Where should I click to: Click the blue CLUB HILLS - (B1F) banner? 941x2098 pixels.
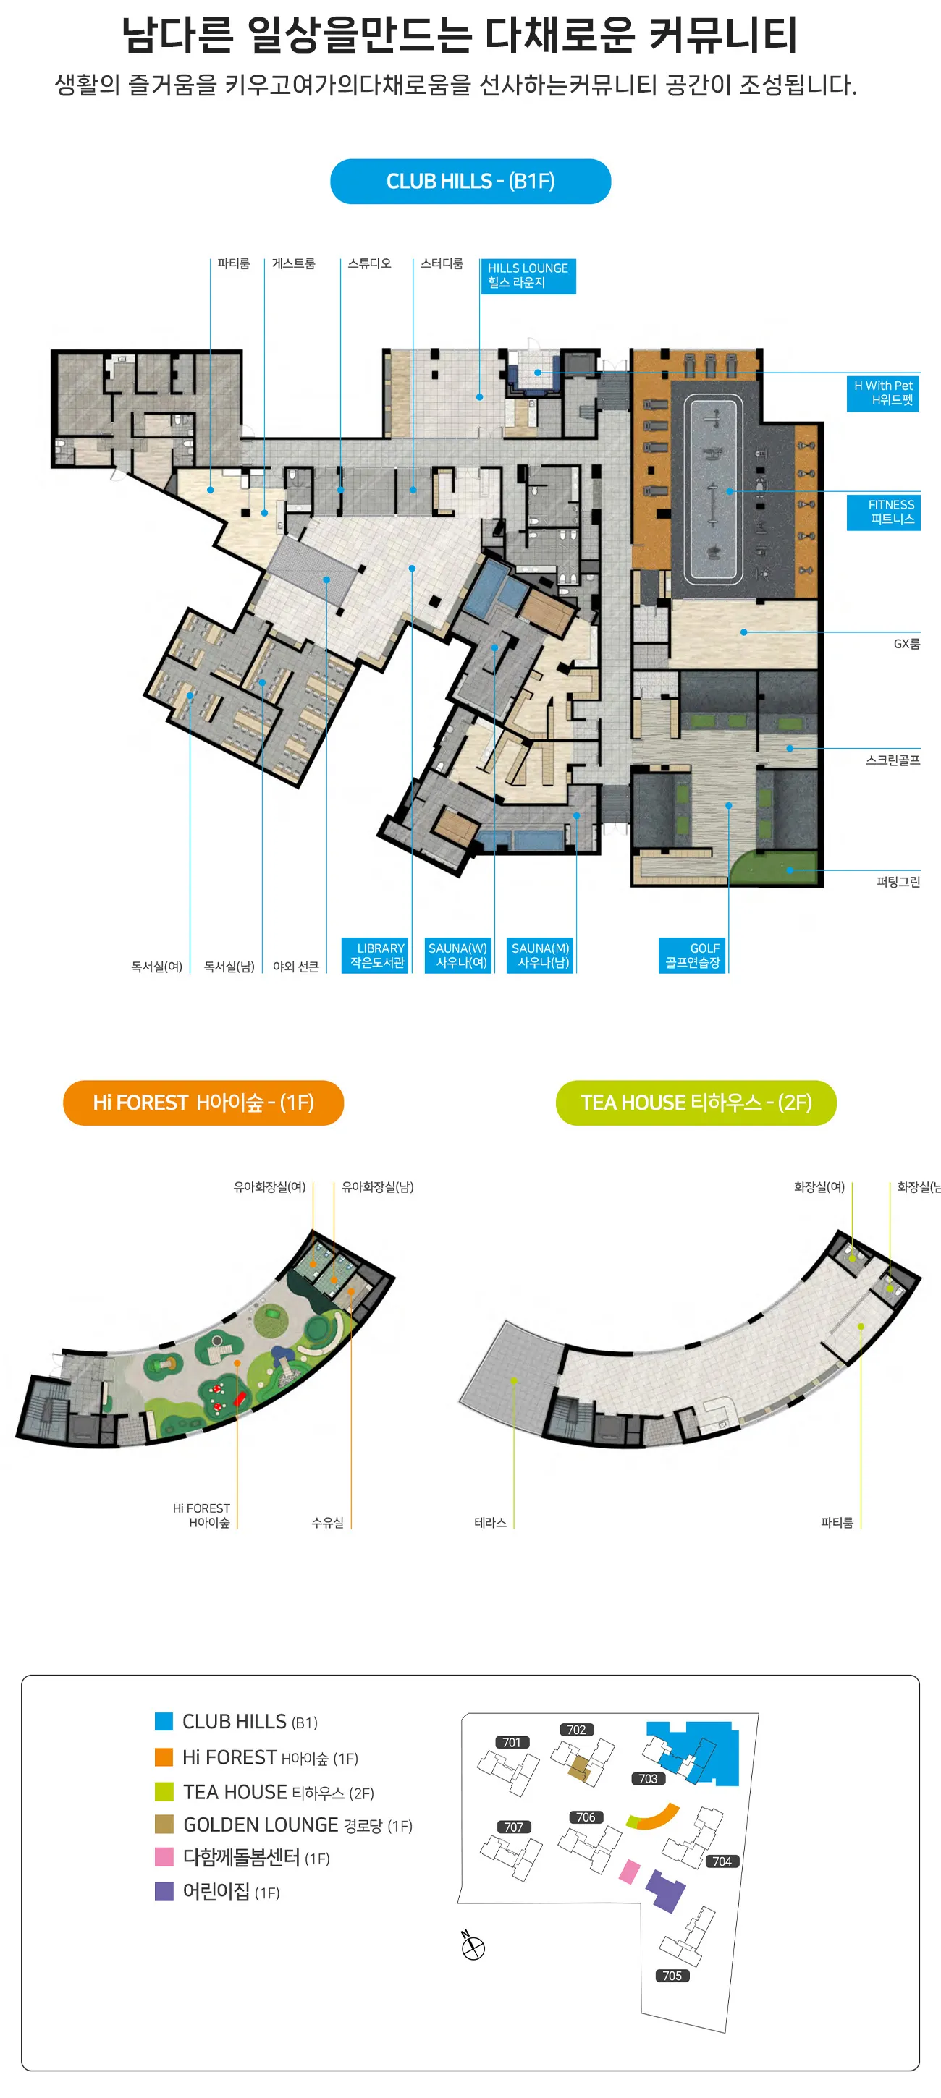click(x=470, y=181)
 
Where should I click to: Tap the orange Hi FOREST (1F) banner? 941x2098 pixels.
click(x=203, y=1102)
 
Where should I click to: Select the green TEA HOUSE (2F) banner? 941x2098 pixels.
click(x=696, y=1102)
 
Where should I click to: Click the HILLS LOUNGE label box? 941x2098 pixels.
click(x=528, y=276)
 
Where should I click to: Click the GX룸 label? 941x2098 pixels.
click(x=906, y=643)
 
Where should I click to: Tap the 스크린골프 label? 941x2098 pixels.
click(x=893, y=760)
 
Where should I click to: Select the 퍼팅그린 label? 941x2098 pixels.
click(x=898, y=881)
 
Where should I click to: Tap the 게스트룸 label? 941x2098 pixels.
click(x=293, y=263)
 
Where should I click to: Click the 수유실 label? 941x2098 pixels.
click(x=327, y=1522)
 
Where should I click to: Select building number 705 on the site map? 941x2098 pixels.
click(x=672, y=1976)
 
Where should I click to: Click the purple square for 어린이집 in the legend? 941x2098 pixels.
click(x=164, y=1891)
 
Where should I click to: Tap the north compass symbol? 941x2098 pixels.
click(x=473, y=1948)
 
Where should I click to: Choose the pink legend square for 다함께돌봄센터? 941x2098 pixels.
click(x=164, y=1857)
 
